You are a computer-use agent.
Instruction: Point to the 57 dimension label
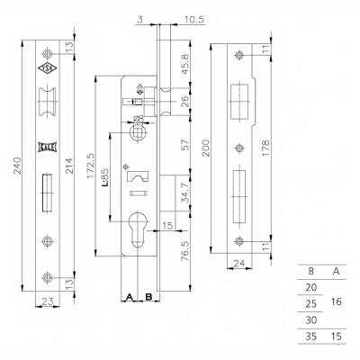click(185, 144)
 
